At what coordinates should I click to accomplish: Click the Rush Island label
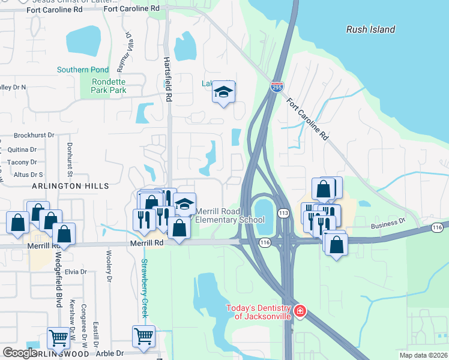click(371, 29)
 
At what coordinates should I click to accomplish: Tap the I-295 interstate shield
click(277, 88)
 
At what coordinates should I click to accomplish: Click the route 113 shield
click(283, 213)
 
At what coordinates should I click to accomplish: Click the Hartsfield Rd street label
click(168, 79)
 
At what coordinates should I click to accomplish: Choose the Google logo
click(20, 353)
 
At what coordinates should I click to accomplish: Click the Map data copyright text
click(423, 355)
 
